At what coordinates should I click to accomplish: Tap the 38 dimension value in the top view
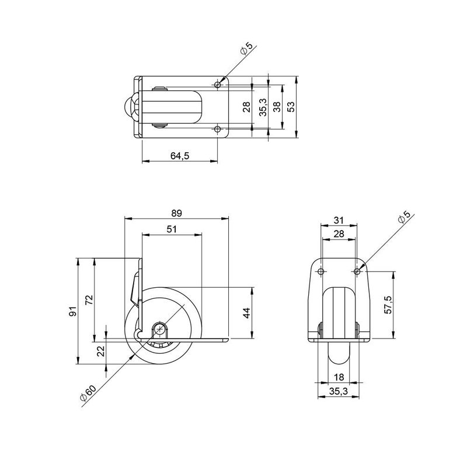point(277,107)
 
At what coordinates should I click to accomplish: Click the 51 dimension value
point(172,229)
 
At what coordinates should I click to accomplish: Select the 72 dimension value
point(89,300)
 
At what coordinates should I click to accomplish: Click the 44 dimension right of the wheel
point(247,312)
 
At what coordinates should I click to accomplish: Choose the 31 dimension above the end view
point(339,220)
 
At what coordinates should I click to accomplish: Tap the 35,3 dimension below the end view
point(339,393)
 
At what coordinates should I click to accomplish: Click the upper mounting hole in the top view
point(218,85)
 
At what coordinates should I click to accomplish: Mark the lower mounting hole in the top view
point(218,128)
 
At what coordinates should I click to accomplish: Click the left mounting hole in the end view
point(321,271)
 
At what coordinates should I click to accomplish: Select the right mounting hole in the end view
point(357,271)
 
